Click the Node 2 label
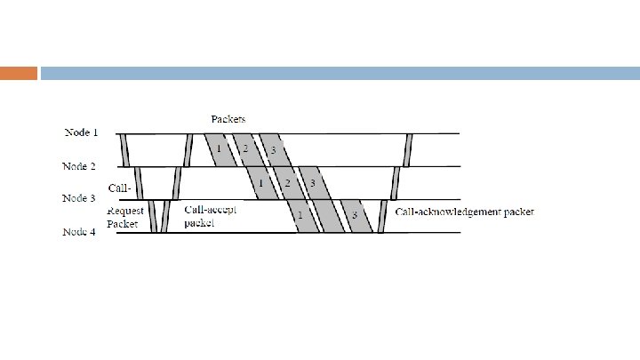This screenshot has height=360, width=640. [80, 165]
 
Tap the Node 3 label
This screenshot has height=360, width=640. [79, 198]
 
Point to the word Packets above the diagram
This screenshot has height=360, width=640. [228, 118]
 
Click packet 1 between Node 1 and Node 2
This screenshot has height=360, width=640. [219, 149]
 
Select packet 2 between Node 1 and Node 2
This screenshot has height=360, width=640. [244, 149]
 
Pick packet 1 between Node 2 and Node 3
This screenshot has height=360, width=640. [260, 183]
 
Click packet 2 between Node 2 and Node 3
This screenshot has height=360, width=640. [286, 183]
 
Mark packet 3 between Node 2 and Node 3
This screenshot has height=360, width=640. [312, 183]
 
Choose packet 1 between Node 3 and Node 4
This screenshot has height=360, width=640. [300, 216]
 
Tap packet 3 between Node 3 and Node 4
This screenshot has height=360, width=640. [356, 216]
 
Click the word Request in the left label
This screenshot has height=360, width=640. [126, 212]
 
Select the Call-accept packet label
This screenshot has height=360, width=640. [211, 217]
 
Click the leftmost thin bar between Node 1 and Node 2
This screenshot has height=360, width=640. [125, 149]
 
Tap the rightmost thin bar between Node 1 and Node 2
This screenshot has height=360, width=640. [408, 149]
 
